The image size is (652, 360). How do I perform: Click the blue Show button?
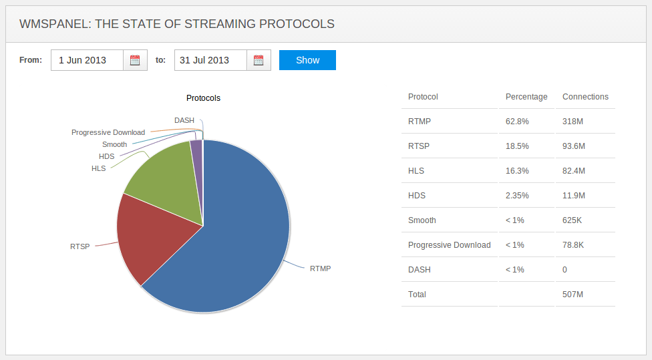(307, 60)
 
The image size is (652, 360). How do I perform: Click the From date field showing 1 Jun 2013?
(87, 60)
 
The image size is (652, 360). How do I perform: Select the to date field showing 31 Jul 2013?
(210, 60)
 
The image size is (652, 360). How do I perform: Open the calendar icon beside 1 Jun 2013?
(135, 60)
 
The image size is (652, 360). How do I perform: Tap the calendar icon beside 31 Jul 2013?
(259, 60)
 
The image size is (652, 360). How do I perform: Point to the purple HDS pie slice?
(196, 150)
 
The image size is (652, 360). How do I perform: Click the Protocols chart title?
(203, 98)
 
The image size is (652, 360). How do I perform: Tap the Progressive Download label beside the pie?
(108, 132)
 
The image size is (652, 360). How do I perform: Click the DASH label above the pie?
(184, 120)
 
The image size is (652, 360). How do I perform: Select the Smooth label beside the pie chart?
(114, 144)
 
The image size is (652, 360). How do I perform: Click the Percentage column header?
(526, 97)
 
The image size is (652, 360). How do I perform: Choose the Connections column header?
(585, 97)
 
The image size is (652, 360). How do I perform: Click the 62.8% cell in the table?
(517, 122)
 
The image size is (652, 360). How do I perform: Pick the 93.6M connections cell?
(574, 146)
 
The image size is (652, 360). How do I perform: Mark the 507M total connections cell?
(573, 295)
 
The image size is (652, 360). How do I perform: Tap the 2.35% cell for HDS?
(518, 196)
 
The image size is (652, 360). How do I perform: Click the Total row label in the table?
(417, 295)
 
